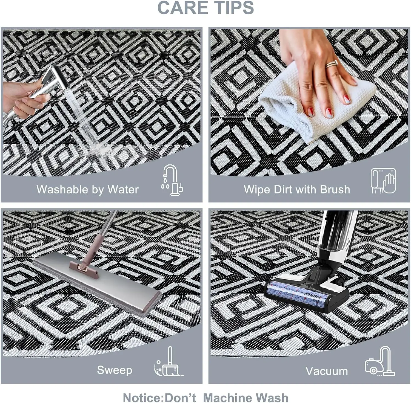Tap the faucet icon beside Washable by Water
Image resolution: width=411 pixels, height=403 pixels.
[x=172, y=180]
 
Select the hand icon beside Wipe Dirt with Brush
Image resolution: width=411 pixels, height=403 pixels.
[x=383, y=181]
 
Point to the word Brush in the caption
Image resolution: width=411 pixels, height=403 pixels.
[x=335, y=189]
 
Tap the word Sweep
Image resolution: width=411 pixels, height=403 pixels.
[x=115, y=370]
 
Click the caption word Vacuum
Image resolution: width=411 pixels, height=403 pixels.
[x=327, y=371]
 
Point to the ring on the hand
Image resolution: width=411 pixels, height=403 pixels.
[x=332, y=64]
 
